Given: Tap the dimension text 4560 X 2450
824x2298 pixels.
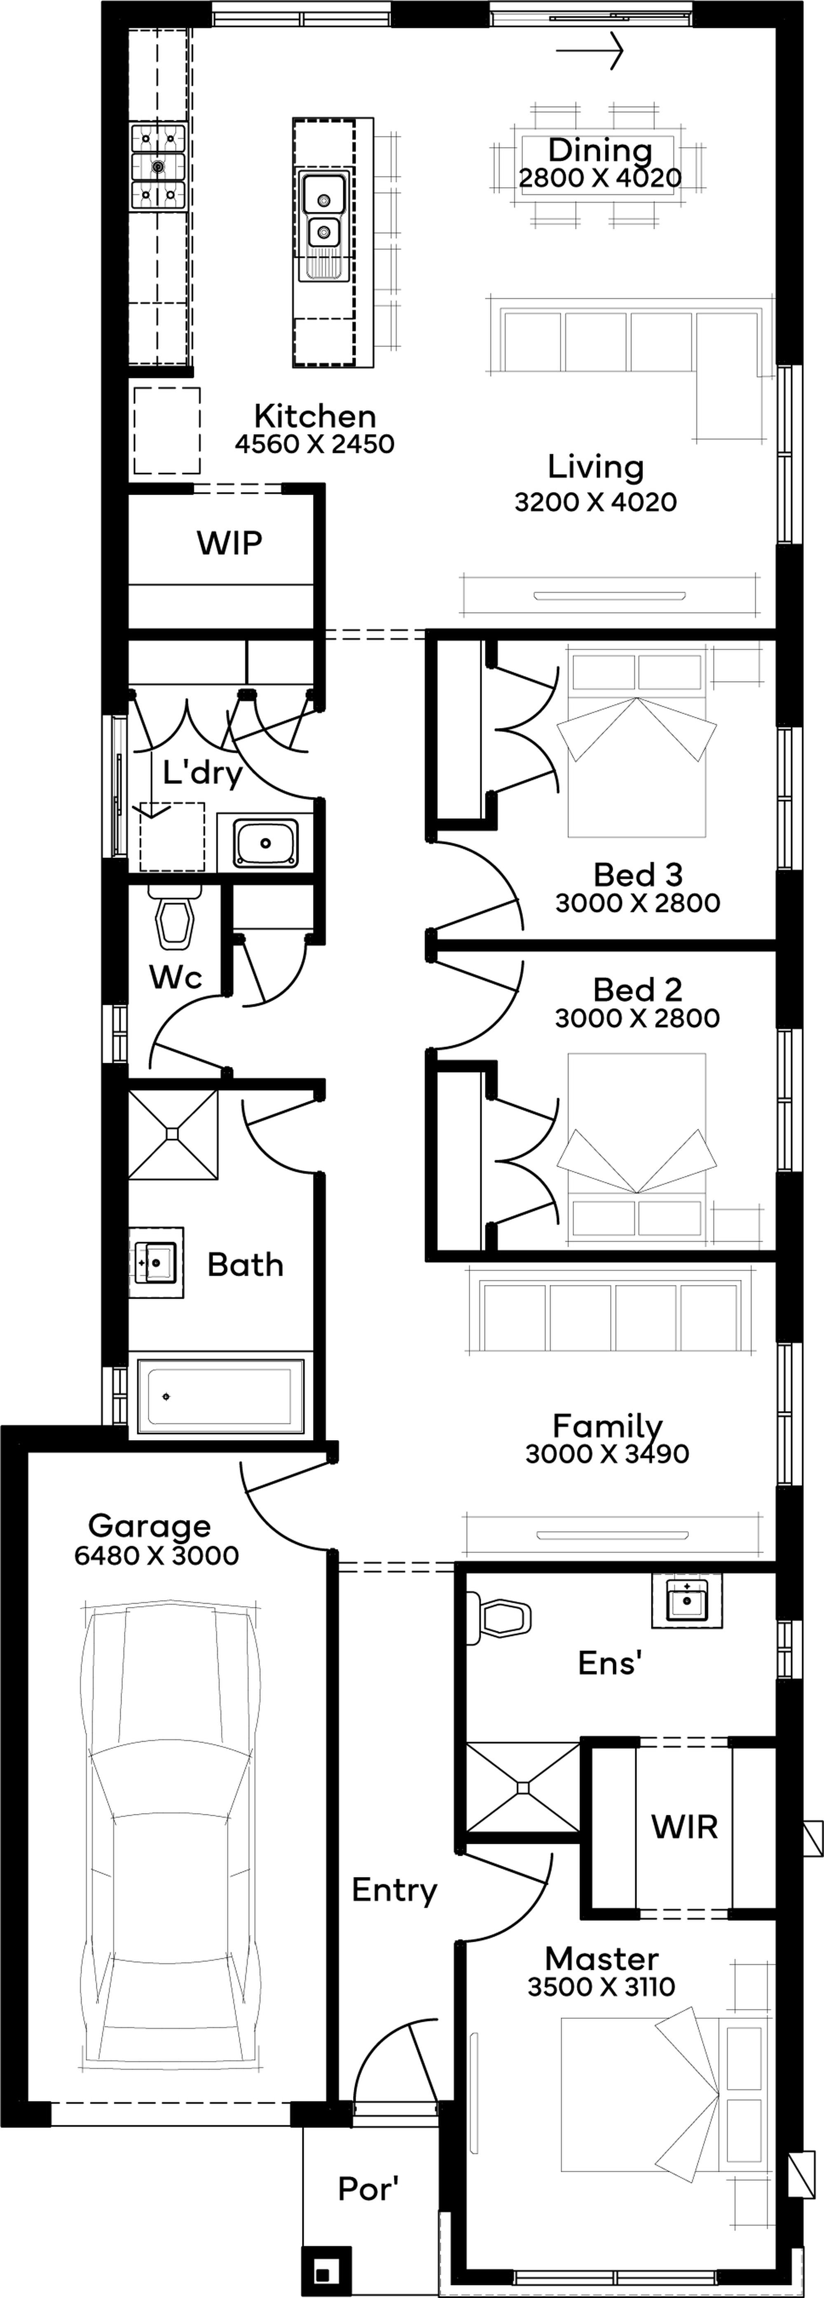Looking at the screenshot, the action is (x=315, y=443).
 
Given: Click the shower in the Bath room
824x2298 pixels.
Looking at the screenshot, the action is (x=173, y=1134).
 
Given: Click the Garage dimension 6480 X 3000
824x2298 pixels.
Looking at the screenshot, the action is (x=157, y=1556).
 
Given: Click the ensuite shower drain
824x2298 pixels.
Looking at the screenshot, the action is (x=524, y=1787).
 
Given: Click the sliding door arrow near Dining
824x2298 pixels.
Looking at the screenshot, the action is (x=589, y=51).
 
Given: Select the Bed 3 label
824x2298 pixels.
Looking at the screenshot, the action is (x=638, y=874).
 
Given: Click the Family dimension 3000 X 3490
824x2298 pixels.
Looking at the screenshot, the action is (x=607, y=1454).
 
